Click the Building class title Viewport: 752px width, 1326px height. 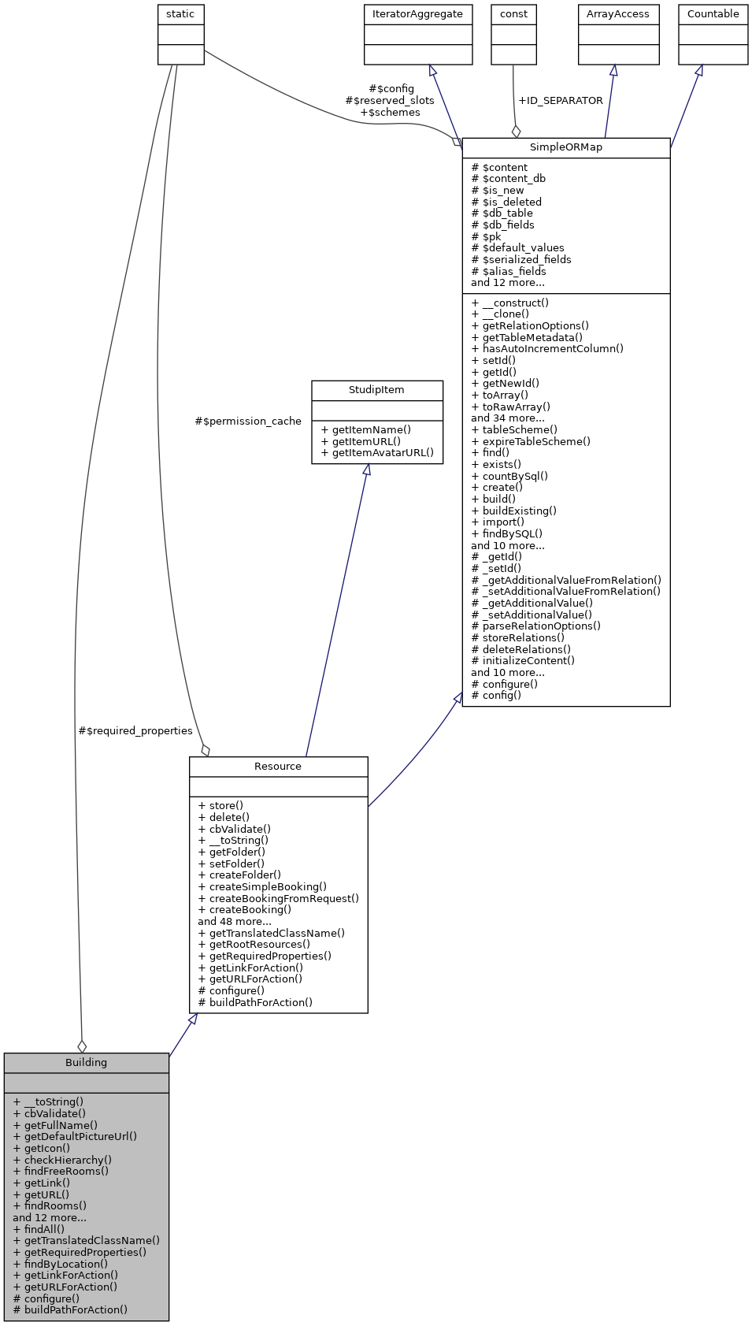[86, 1062]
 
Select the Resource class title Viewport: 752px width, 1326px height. [278, 766]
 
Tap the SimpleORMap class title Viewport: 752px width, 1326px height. [565, 147]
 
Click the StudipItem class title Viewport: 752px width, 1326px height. [376, 390]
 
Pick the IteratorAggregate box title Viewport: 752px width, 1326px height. [417, 14]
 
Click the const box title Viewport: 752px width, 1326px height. [513, 14]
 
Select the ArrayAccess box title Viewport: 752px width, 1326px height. [617, 14]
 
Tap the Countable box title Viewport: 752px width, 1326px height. [713, 14]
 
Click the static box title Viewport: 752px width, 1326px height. [180, 14]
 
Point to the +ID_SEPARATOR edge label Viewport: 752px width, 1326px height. [560, 101]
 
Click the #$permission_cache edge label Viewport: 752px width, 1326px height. [248, 422]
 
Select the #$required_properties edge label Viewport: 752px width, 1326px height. [135, 731]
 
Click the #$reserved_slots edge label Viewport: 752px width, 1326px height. [390, 101]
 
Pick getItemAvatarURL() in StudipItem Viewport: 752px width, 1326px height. [377, 453]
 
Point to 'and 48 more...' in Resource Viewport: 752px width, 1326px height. [235, 921]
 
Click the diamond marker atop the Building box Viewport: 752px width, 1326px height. [82, 1046]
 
